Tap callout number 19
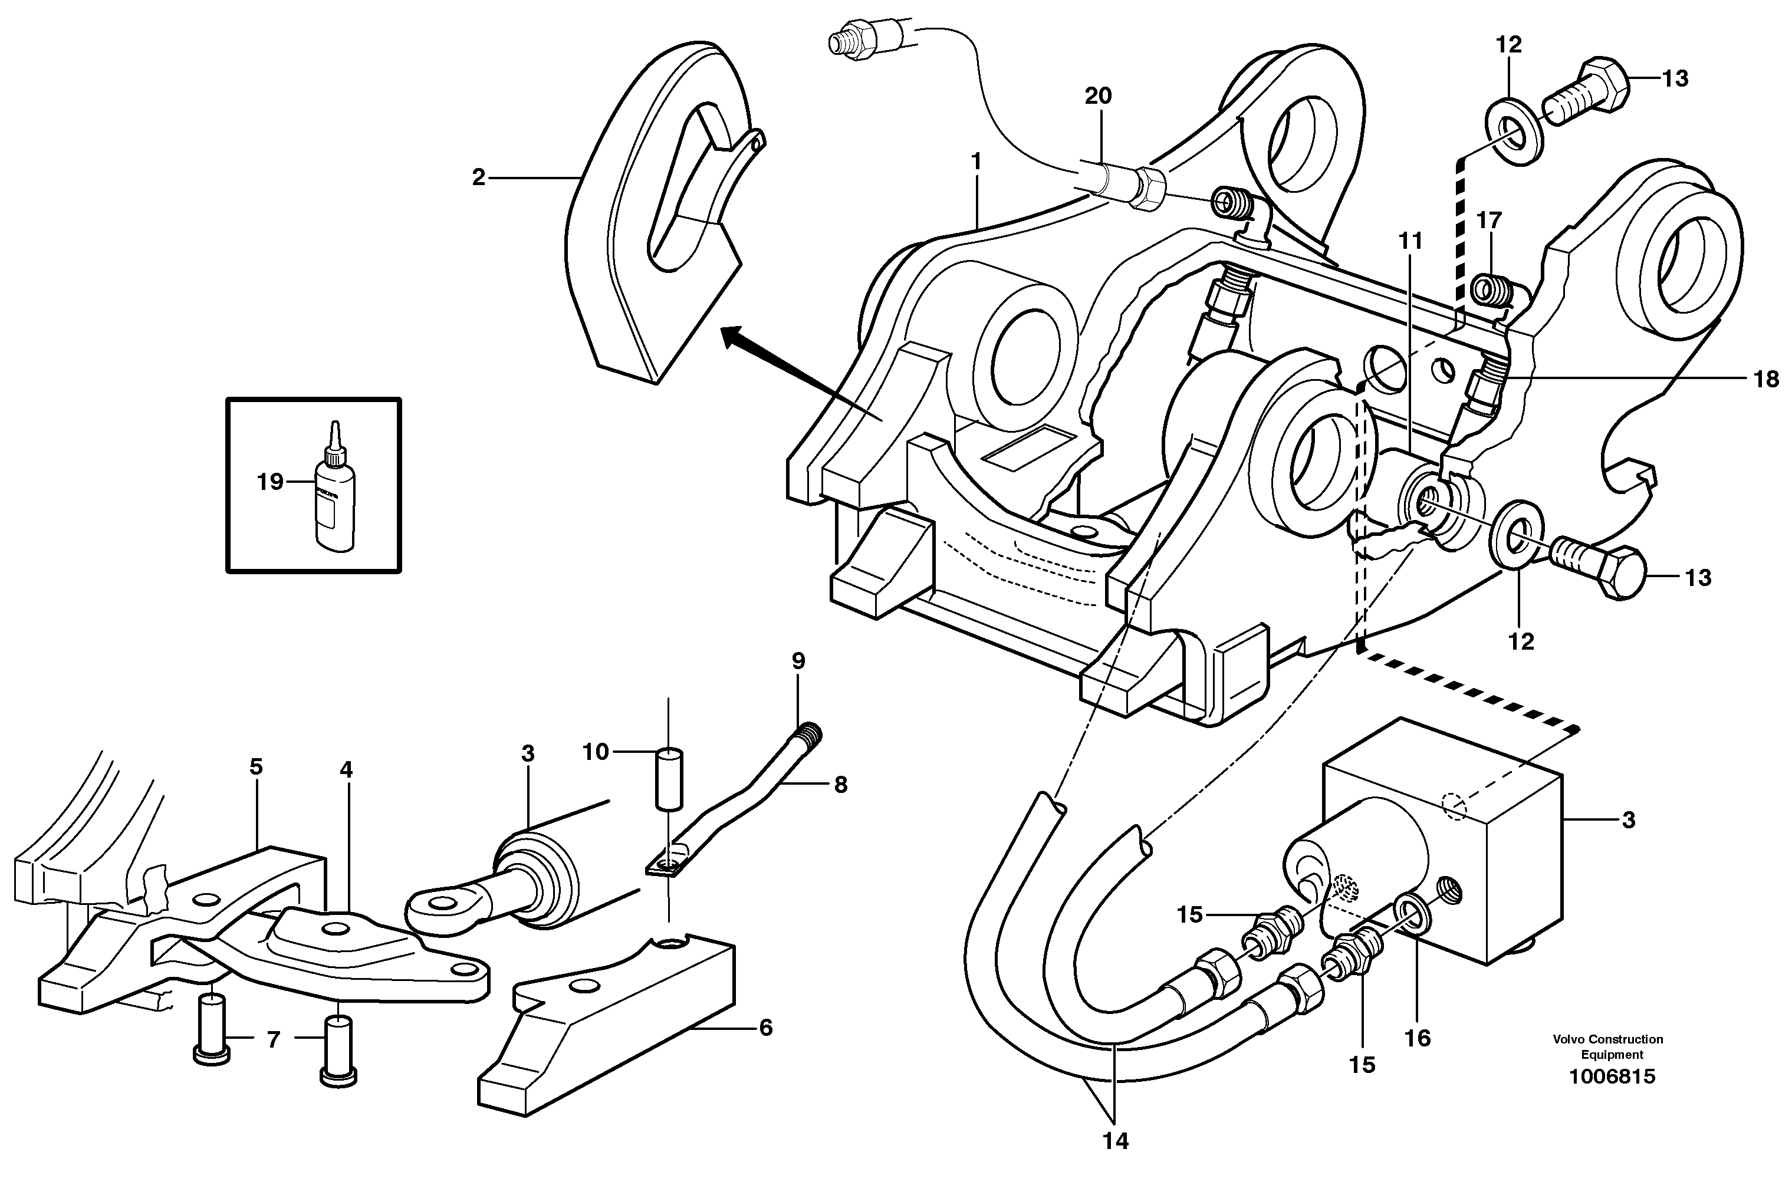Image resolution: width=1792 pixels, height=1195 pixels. coord(270,482)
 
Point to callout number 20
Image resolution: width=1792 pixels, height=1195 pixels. coord(1099,96)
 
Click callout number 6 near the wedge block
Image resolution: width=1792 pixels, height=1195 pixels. coord(765,1028)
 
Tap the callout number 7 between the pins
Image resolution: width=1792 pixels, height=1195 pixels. coord(274,1039)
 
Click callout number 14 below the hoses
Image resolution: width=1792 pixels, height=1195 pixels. coord(1114,1141)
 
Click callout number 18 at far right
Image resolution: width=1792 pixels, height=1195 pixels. coord(1766,378)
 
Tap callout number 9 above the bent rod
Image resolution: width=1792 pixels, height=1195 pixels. coord(798,661)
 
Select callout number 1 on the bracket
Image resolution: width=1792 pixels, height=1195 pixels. coord(976,162)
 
